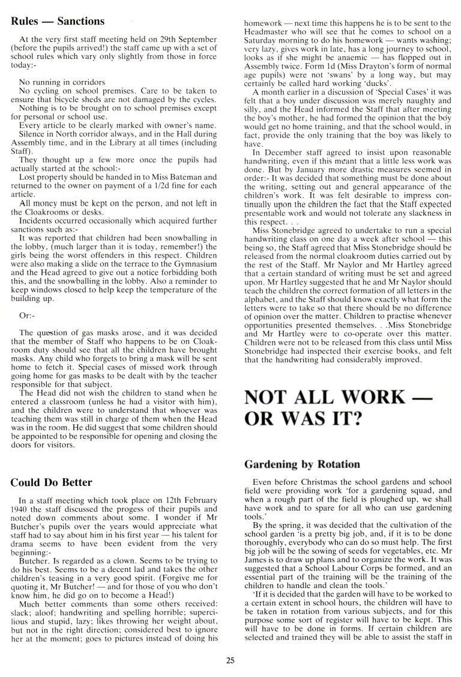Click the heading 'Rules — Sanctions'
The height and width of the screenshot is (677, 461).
(x=58, y=21)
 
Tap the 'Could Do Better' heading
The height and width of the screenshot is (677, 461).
(x=52, y=482)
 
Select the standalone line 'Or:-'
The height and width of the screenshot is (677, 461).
(x=28, y=314)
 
